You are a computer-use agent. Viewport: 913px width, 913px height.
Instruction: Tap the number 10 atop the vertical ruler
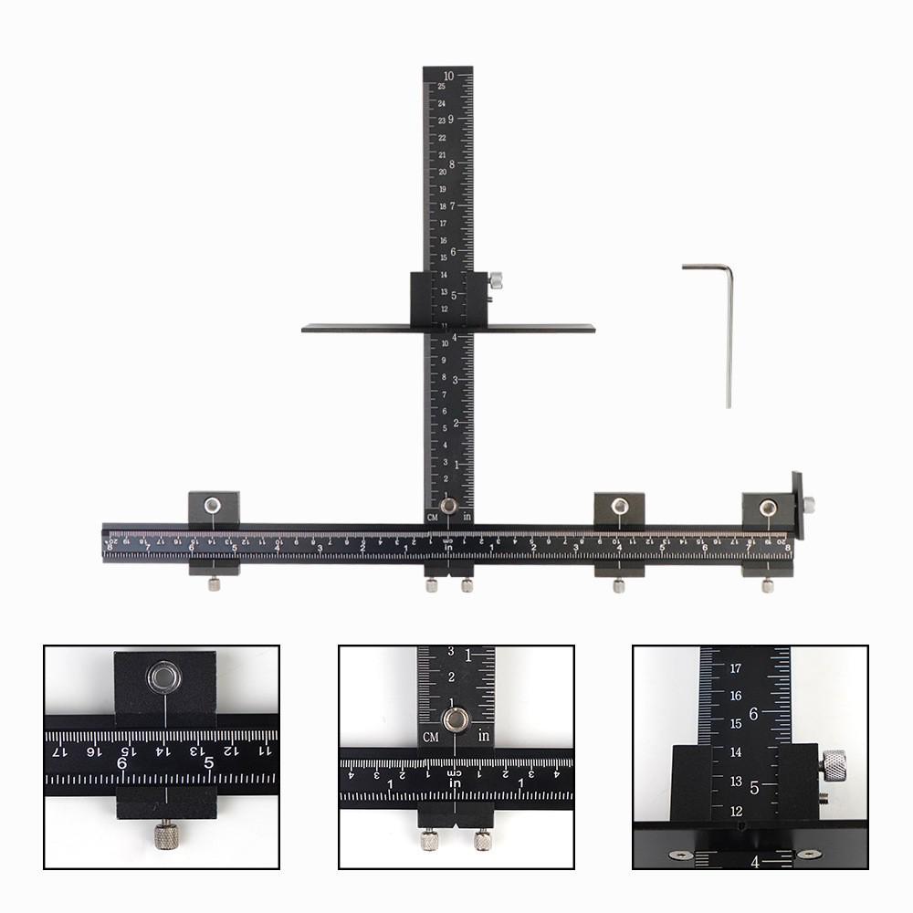pyautogui.click(x=448, y=76)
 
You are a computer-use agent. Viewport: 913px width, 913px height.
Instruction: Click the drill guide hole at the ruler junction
pyautogui.click(x=448, y=507)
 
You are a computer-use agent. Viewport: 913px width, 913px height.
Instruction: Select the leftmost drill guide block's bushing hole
pyautogui.click(x=213, y=504)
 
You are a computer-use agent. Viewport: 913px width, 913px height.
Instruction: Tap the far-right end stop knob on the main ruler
pyautogui.click(x=810, y=501)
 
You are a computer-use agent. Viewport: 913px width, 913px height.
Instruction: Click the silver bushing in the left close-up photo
pyautogui.click(x=164, y=676)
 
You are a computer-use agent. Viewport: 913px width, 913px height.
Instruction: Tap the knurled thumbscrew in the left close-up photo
pyautogui.click(x=164, y=834)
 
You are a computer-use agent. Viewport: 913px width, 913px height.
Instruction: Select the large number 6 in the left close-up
pyautogui.click(x=122, y=761)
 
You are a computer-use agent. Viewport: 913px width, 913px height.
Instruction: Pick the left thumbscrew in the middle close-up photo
pyautogui.click(x=426, y=838)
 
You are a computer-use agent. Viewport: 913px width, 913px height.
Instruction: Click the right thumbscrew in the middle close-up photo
pyautogui.click(x=480, y=838)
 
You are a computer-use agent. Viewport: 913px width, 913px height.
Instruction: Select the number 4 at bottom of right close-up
pyautogui.click(x=754, y=861)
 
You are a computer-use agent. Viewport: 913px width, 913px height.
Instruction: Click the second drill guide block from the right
pyautogui.click(x=620, y=506)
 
